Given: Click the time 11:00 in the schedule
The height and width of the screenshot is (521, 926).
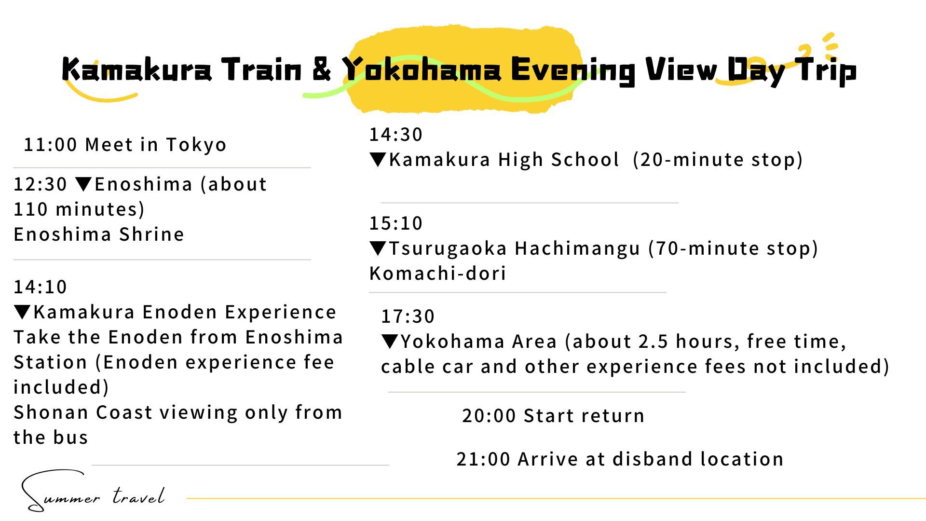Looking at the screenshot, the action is (x=50, y=145).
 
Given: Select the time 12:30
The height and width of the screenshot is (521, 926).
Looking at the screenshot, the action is (x=40, y=184).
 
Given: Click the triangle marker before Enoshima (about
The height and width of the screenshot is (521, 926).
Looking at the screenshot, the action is (x=84, y=184).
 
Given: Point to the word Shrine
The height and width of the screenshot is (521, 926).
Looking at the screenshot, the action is (x=151, y=234).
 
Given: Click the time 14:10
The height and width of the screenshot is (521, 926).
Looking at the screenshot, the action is (x=40, y=287).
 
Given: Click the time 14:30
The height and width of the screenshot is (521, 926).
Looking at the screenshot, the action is (x=396, y=135).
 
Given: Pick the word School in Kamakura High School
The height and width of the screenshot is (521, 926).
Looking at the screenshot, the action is (x=585, y=160).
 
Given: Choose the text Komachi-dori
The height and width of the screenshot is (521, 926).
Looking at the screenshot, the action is (x=438, y=274).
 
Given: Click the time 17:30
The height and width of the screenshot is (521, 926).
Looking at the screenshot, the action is (x=408, y=316).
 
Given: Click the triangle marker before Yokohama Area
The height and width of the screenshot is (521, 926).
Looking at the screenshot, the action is (x=390, y=342).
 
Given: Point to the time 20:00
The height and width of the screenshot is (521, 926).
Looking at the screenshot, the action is (x=489, y=416).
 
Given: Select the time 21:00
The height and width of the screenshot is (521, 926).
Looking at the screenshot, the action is (x=483, y=459).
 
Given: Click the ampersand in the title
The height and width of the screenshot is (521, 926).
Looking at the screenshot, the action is (x=322, y=69).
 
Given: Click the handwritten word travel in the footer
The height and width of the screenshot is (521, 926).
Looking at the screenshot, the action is (x=139, y=496).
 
